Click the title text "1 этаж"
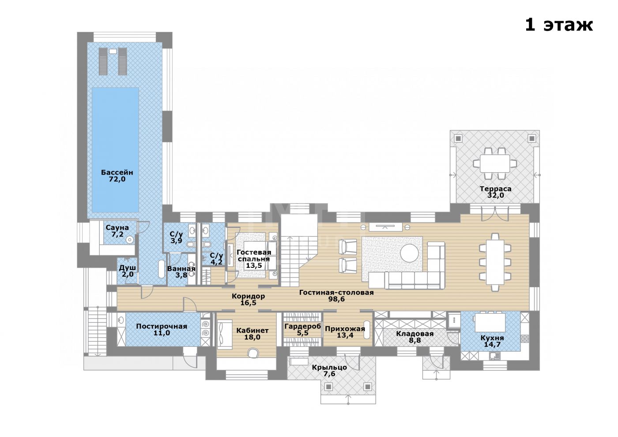click(x=558, y=25)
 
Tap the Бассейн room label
click(x=117, y=172)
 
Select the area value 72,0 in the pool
click(x=117, y=179)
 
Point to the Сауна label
click(x=117, y=228)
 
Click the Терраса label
click(x=495, y=189)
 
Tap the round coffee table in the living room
click(x=410, y=253)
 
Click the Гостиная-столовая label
click(x=336, y=292)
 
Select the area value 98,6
click(x=336, y=299)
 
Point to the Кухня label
click(x=492, y=338)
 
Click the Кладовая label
click(x=415, y=334)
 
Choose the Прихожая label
click(x=345, y=329)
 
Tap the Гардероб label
click(x=303, y=326)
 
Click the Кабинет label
click(x=252, y=331)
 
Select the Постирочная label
click(x=162, y=326)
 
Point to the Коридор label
click(x=248, y=296)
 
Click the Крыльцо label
click(x=329, y=367)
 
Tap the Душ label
click(x=128, y=268)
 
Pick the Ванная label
click(x=181, y=269)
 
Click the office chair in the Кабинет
click(x=253, y=353)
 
